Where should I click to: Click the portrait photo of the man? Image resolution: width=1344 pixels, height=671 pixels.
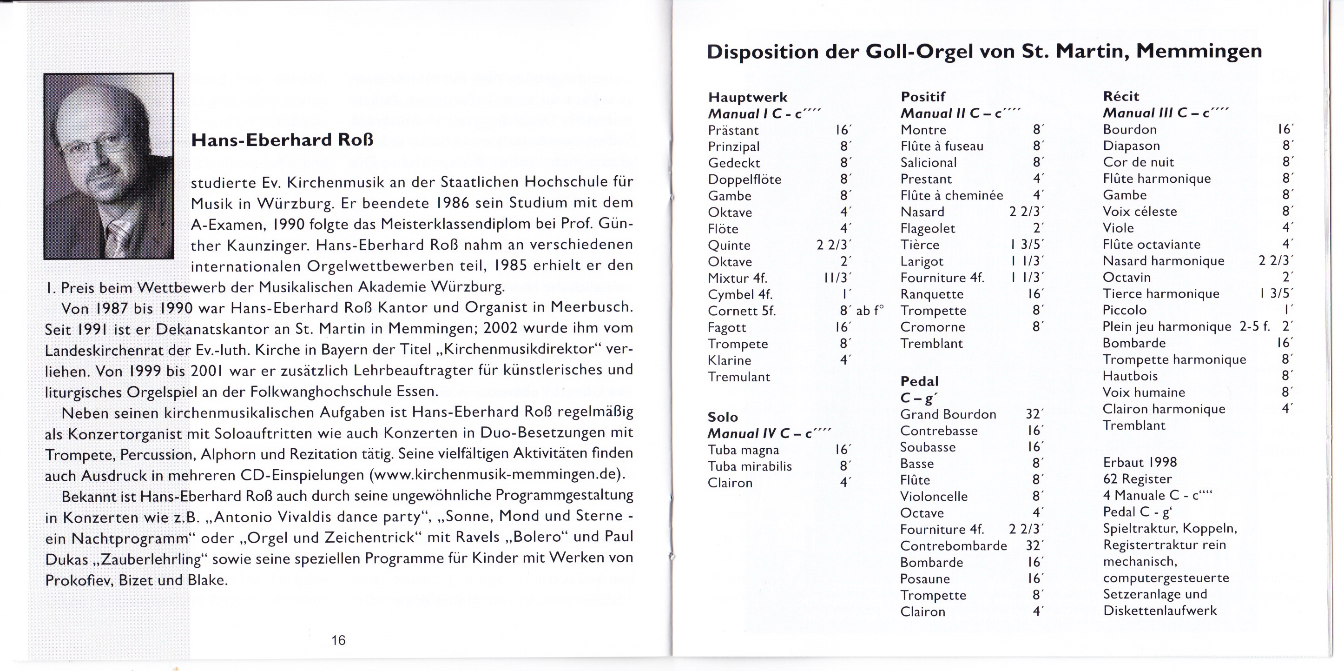coord(109,166)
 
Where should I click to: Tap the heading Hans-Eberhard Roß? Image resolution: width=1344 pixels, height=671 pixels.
coord(282,140)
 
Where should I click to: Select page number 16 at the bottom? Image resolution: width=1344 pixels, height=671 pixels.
coord(338,640)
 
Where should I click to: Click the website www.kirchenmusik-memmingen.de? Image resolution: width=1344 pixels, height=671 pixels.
coord(497,475)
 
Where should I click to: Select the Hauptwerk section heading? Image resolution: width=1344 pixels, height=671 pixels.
coord(748,97)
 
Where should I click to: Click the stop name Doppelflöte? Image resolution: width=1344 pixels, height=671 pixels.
coord(744,179)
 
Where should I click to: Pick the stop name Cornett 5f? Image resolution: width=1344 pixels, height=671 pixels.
coord(741,311)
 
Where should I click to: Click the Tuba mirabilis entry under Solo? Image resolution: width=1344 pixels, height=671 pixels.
coord(749,466)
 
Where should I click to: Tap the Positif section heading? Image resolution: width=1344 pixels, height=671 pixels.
coord(923,97)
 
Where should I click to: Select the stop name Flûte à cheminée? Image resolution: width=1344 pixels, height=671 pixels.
coord(951,195)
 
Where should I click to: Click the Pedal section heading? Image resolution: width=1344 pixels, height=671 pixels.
coord(919,381)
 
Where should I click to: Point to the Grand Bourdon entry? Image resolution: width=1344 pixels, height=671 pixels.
coord(948,415)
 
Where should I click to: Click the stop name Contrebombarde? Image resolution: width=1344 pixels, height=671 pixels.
coord(953,545)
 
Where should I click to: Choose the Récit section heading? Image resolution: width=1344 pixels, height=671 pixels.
coord(1120,96)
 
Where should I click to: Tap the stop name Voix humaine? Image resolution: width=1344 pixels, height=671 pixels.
coord(1144,392)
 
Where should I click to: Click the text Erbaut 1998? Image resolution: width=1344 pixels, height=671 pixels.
coord(1140,462)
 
